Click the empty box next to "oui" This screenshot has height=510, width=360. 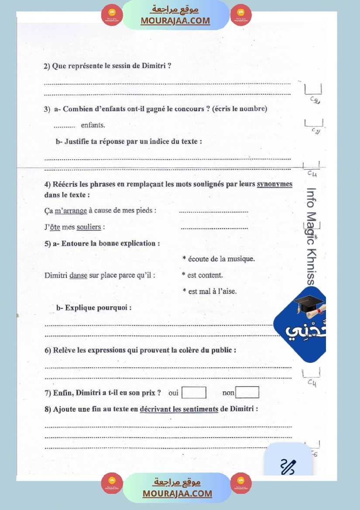click(x=194, y=393)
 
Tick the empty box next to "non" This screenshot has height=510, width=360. click(x=247, y=393)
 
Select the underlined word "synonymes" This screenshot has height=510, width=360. click(x=274, y=184)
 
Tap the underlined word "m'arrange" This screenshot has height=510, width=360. click(x=71, y=211)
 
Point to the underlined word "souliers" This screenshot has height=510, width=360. click(x=89, y=227)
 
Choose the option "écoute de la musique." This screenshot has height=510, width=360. click(x=221, y=259)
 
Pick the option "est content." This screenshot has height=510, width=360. click(x=205, y=275)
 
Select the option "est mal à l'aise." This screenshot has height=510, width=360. click(x=212, y=291)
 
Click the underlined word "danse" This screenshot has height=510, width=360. click(x=78, y=275)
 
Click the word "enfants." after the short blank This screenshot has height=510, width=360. click(x=93, y=125)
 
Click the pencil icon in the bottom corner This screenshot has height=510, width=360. click(x=288, y=466)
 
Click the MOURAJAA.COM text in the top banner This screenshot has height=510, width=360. click(x=175, y=21)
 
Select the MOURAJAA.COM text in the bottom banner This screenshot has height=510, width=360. click(x=177, y=493)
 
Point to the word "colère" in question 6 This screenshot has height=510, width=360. click(x=189, y=350)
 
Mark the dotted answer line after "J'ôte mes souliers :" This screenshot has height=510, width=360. click(x=214, y=227)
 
